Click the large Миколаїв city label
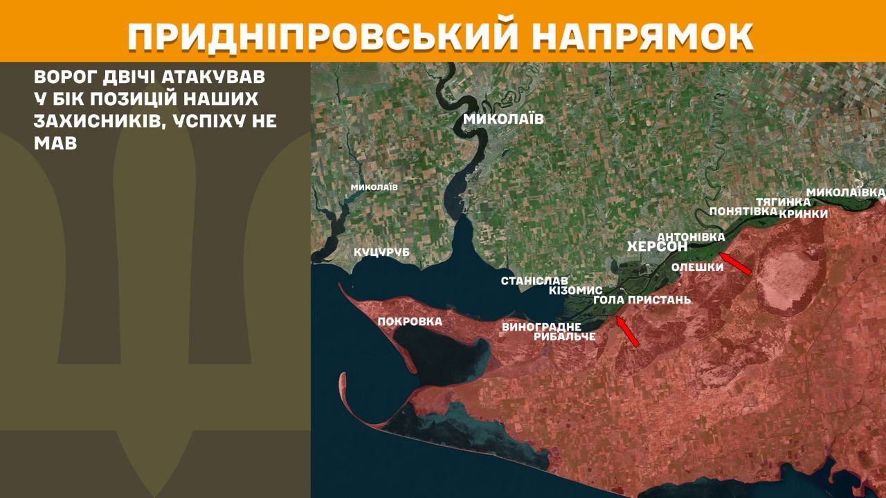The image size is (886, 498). (503, 119)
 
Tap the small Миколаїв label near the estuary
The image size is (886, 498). (374, 187)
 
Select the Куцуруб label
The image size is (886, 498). (381, 252)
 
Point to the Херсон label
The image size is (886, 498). (657, 247)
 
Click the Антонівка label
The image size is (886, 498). (691, 237)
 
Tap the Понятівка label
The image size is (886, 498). (744, 212)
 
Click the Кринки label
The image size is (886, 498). (803, 214)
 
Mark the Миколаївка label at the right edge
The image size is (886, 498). (845, 191)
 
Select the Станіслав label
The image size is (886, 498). (534, 281)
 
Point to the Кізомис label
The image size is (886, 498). (575, 290)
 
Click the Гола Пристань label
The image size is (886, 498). (642, 300)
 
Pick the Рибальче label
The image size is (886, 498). (565, 337)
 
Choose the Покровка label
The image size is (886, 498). (410, 322)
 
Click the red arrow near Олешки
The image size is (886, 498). (738, 264)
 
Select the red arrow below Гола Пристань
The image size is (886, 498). (627, 331)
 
